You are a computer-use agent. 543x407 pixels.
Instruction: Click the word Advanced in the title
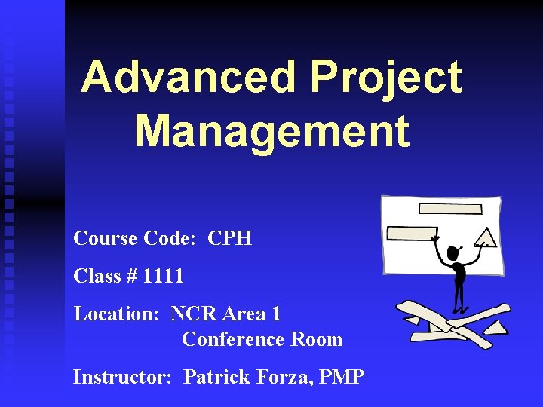pos(189,78)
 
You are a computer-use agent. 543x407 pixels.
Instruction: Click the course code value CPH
pos(229,239)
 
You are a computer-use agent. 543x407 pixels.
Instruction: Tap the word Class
pos(95,276)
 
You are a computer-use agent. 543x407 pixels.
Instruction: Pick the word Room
pos(317,339)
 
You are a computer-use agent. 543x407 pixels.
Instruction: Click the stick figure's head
pos(454,253)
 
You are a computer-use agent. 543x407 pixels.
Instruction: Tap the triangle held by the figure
pos(486,238)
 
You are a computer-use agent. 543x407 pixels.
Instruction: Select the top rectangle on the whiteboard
pos(449,208)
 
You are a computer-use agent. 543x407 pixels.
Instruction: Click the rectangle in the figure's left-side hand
pos(411,234)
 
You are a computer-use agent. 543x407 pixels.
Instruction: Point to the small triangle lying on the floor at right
pos(498,327)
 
